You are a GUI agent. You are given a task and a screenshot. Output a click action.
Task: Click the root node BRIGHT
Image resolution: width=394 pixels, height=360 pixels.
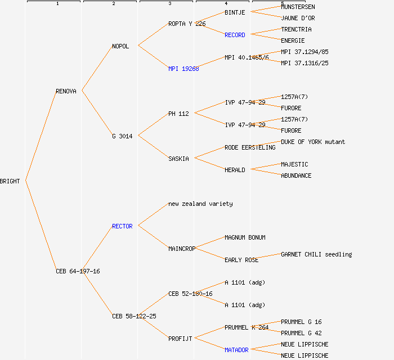10,181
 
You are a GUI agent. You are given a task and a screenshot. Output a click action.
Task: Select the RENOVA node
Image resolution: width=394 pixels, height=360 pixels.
66,91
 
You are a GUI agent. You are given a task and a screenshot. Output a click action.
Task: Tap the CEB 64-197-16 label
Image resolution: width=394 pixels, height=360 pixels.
78,271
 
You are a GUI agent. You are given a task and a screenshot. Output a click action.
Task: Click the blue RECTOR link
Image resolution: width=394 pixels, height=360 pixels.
122,226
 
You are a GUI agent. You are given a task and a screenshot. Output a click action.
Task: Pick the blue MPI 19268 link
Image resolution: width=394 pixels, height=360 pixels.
183,69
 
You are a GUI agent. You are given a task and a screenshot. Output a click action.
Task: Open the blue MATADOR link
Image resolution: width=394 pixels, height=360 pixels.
236,350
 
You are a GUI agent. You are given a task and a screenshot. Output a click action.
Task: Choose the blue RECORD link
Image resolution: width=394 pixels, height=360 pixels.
235,35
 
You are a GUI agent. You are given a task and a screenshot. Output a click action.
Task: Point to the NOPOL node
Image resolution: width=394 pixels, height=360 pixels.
120,46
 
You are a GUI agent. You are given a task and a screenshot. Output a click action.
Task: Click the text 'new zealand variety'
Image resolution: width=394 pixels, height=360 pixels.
200,204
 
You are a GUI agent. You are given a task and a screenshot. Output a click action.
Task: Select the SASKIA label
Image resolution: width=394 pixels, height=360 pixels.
178,159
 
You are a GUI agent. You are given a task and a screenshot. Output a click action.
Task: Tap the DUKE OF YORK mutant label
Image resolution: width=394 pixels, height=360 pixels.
313,142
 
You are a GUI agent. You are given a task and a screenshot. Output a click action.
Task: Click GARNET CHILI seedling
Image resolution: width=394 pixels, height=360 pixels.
316,254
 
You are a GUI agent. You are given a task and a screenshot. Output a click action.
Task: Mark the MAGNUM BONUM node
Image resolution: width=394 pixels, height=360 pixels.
245,237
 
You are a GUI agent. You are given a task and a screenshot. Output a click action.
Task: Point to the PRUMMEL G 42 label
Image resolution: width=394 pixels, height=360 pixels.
301,333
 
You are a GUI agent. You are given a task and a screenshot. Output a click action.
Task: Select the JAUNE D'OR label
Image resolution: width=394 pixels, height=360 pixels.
298,18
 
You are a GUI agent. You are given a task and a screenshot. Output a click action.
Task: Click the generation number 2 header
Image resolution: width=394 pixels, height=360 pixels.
113,4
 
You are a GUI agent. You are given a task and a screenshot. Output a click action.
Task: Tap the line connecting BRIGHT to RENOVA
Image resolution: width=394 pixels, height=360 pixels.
41,135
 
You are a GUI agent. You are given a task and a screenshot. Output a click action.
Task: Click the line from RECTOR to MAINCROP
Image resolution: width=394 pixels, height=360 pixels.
153,237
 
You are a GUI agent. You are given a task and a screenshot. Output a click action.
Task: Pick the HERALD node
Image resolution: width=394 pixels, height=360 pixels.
235,170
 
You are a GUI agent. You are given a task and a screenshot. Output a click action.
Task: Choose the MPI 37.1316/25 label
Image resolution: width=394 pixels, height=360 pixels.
305,63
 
